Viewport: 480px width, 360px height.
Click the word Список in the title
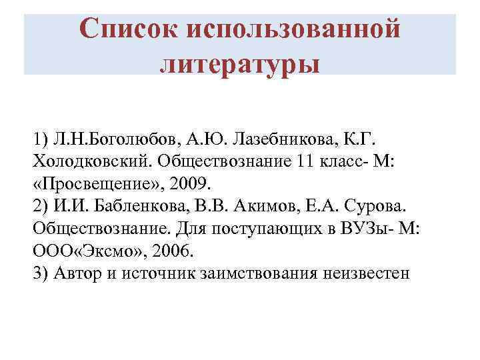[127, 29]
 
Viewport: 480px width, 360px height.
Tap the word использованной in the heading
[295, 29]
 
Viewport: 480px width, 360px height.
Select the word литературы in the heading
[240, 65]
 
